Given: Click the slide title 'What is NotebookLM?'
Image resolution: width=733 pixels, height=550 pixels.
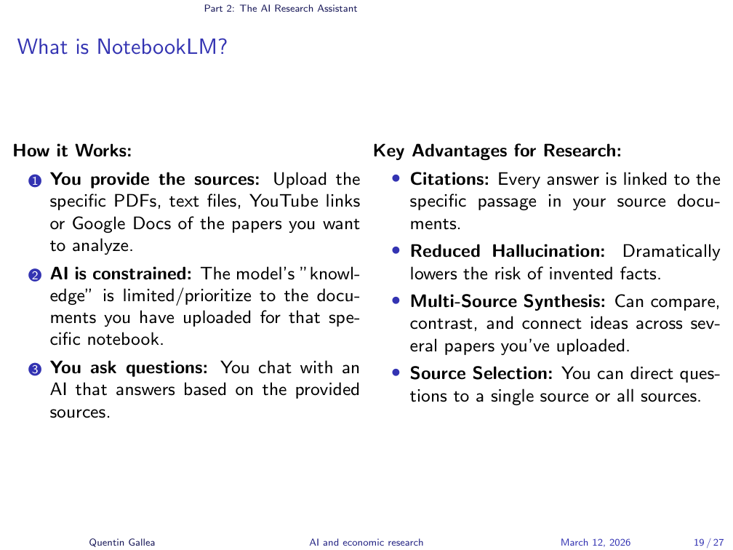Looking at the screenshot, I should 121,47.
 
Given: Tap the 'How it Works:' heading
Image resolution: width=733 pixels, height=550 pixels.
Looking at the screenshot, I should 73,152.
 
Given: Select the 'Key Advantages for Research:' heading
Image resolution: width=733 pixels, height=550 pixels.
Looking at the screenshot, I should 497,151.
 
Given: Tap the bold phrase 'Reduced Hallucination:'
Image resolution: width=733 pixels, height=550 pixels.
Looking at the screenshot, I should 508,252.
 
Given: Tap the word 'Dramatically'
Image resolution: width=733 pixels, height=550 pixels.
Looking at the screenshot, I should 671,252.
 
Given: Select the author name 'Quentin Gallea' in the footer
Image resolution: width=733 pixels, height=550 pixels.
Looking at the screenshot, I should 122,542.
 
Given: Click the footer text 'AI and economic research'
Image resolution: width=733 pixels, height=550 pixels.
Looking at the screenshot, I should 366,542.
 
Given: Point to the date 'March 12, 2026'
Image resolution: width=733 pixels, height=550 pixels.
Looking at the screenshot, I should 596,542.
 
